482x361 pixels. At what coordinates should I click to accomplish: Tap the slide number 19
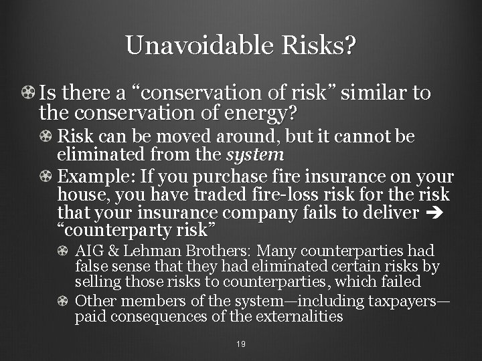(241, 344)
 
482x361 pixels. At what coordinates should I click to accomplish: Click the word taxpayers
(402, 302)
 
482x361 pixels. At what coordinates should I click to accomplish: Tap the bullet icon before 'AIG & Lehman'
(64, 251)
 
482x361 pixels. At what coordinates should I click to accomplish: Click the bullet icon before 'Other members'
(64, 302)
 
